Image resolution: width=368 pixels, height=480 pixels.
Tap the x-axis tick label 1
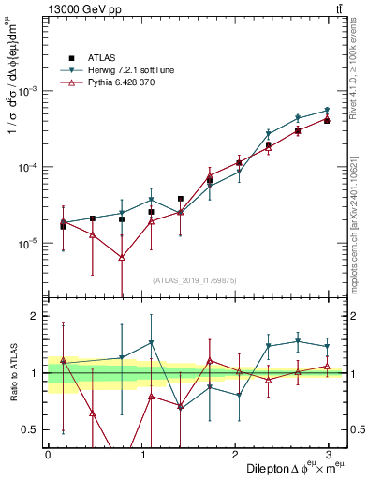141,453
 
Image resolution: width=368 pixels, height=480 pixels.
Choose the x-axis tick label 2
236,453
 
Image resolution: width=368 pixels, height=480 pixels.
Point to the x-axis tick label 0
48,453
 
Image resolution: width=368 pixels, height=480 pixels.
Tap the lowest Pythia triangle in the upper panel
122,257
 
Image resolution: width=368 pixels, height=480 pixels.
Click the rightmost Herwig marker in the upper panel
327,110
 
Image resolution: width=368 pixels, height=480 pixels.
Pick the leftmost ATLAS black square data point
63,226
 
